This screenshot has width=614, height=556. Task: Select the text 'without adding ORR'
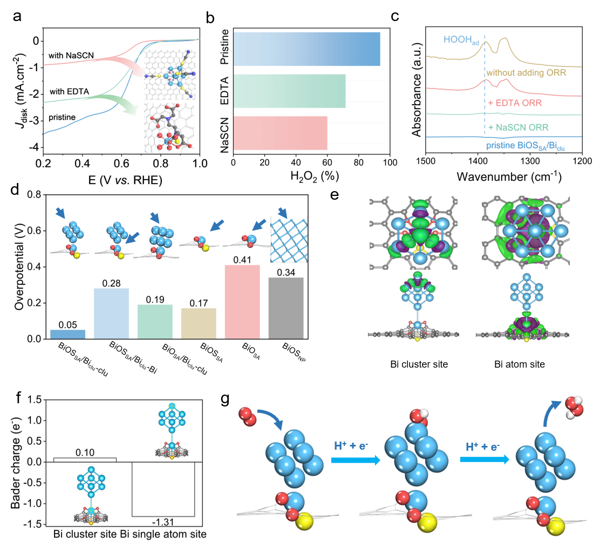pyautogui.click(x=526, y=72)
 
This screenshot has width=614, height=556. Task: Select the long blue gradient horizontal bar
pyautogui.click(x=306, y=49)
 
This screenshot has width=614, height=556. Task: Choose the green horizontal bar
pyautogui.click(x=289, y=91)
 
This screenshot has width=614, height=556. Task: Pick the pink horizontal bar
pyautogui.click(x=281, y=133)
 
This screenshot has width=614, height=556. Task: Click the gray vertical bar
pyautogui.click(x=286, y=308)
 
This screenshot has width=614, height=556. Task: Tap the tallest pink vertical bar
pyautogui.click(x=242, y=301)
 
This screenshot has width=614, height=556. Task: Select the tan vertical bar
pyautogui.click(x=199, y=323)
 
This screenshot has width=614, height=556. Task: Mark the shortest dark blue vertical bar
pyautogui.click(x=67, y=334)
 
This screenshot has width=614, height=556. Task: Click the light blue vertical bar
pyautogui.click(x=111, y=313)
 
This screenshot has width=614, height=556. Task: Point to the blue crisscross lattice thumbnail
pyautogui.click(x=289, y=239)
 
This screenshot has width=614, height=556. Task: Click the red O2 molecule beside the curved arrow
pyautogui.click(x=248, y=416)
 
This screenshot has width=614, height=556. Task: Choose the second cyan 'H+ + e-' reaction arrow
pyautogui.click(x=484, y=459)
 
